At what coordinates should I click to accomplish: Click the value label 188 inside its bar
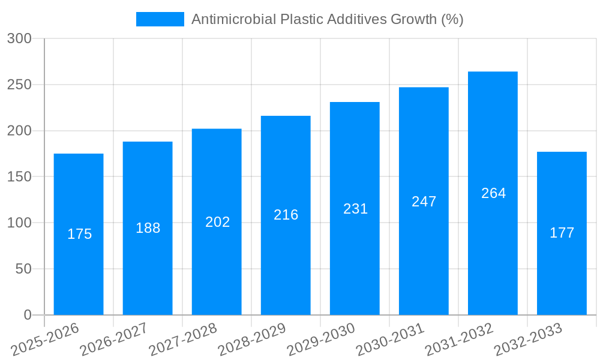click(148, 228)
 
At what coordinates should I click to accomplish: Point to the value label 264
click(493, 193)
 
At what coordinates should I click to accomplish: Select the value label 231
click(355, 209)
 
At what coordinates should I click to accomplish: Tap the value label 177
click(562, 233)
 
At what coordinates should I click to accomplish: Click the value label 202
click(217, 222)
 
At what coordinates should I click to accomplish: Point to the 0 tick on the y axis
click(27, 315)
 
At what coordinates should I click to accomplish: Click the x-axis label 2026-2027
click(115, 339)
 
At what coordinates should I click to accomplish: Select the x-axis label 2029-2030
click(322, 339)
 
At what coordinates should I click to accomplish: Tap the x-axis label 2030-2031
click(391, 339)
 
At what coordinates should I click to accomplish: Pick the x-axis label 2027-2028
click(184, 339)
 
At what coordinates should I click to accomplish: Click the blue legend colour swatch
click(160, 19)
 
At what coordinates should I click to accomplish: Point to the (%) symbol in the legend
click(452, 19)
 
